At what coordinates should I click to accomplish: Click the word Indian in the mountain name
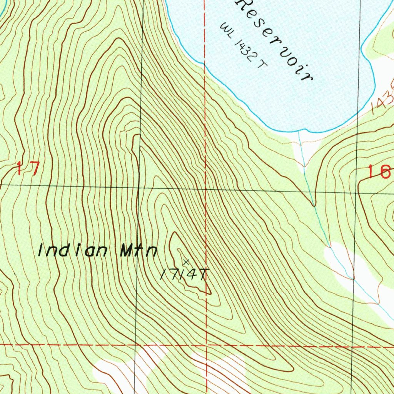click(x=73, y=250)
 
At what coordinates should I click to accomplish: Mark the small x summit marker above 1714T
click(x=186, y=262)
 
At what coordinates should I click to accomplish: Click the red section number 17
click(x=28, y=169)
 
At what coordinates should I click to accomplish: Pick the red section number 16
click(x=379, y=172)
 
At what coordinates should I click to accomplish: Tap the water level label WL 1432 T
click(x=243, y=46)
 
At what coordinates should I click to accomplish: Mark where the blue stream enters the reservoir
click(x=299, y=132)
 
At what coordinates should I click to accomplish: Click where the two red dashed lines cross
click(x=206, y=345)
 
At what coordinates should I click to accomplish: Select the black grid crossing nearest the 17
click(x=139, y=187)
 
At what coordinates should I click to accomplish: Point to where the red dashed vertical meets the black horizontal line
click(x=205, y=189)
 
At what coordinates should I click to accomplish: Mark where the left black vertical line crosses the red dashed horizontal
click(x=135, y=345)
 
